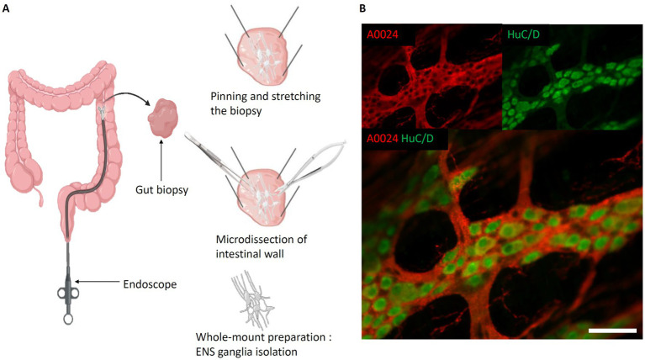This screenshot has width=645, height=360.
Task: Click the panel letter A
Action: click(8, 8)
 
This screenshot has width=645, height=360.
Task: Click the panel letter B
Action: click(363, 8)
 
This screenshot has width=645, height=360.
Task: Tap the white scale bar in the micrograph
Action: click(611, 331)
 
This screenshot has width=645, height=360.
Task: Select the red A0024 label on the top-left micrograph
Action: click(384, 34)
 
